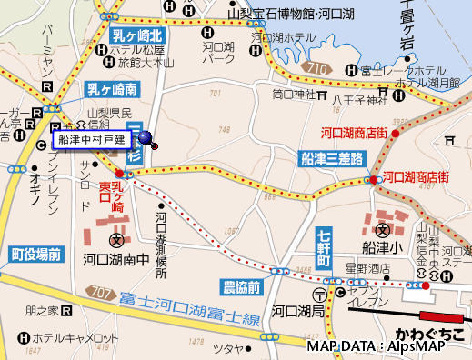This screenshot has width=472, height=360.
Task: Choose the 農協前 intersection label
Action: pyautogui.click(x=242, y=286)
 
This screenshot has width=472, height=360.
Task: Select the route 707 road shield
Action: pyautogui.click(x=104, y=294)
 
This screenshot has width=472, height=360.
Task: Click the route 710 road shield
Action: pyautogui.click(x=317, y=69)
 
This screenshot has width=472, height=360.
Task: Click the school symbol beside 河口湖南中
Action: pyautogui.click(x=116, y=241)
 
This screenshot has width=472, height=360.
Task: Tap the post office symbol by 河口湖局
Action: pyautogui.click(x=319, y=295)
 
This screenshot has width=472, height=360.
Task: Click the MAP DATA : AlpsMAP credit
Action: pyautogui.click(x=387, y=347)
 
